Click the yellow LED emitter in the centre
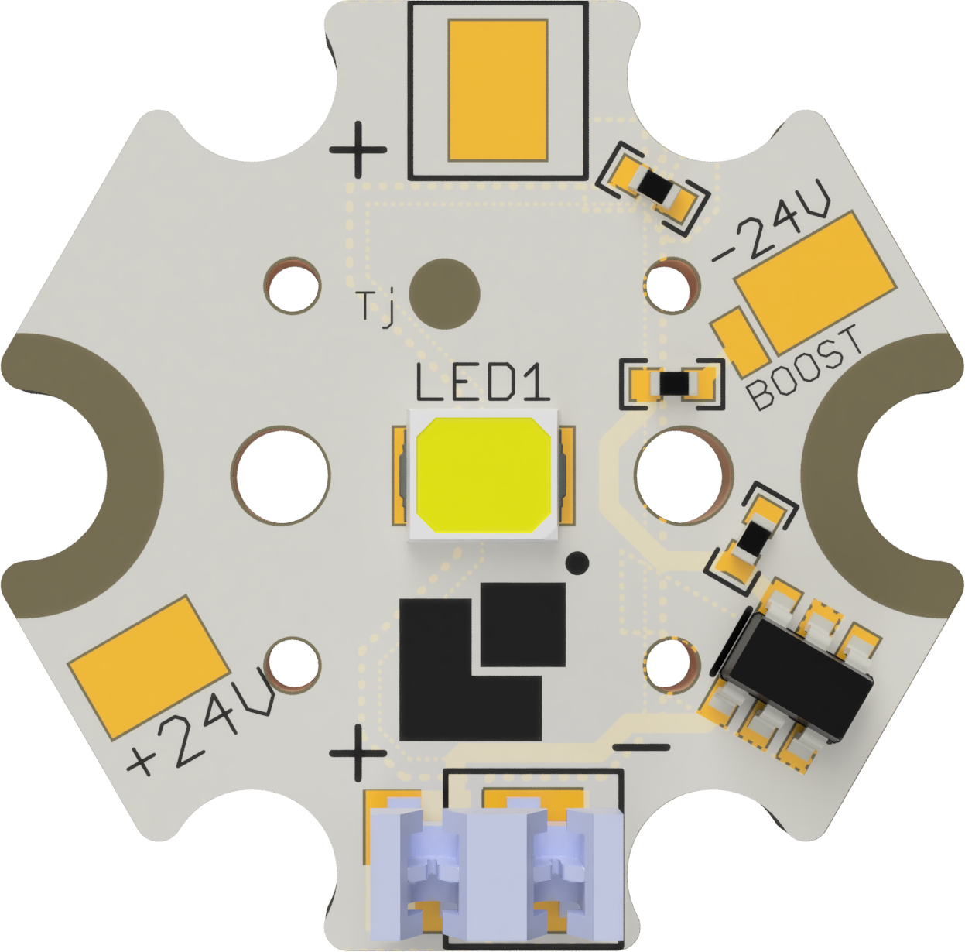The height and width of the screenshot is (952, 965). (x=483, y=475)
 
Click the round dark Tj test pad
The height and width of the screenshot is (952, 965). (x=444, y=293)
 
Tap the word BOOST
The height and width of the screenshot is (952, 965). (x=806, y=367)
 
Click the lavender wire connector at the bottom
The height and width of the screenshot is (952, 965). (x=495, y=867)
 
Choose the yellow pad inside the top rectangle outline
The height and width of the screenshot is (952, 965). (x=498, y=91)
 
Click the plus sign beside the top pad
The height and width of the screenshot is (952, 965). (x=358, y=149)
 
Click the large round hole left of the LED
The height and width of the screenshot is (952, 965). (x=281, y=475)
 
